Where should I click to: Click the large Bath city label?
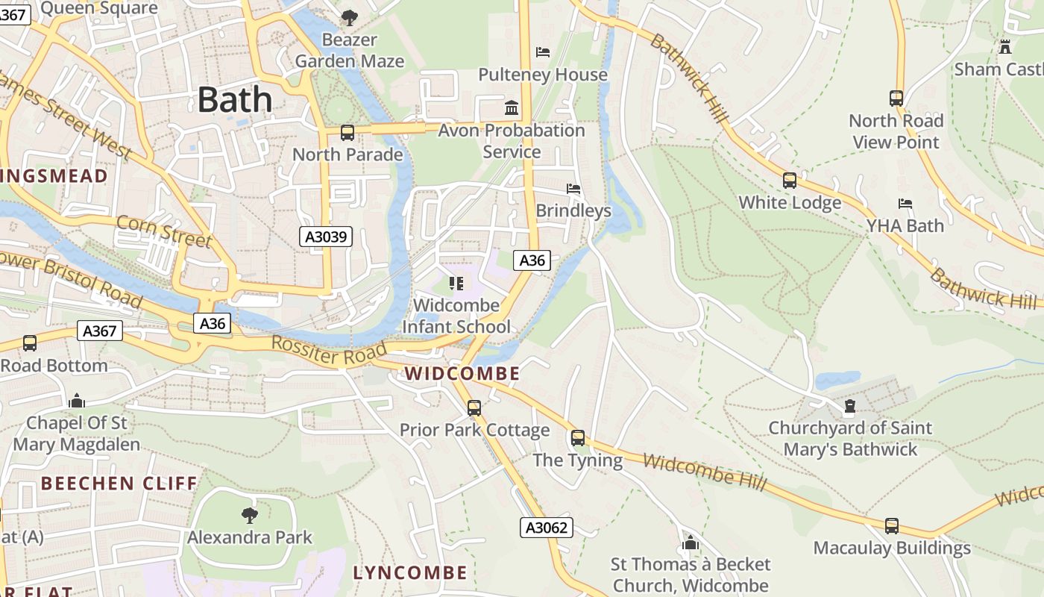tap(235, 99)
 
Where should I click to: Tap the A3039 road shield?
tap(327, 237)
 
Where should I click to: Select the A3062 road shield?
tap(547, 528)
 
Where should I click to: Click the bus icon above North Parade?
tap(348, 133)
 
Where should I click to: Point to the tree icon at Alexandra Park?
tap(250, 515)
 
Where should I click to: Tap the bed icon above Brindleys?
tap(573, 188)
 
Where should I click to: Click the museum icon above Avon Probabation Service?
tap(512, 108)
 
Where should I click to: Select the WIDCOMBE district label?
tap(462, 373)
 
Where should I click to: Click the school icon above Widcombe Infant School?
tap(456, 284)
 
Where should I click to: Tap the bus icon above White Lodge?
tap(790, 181)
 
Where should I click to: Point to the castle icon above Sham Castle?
tap(1005, 47)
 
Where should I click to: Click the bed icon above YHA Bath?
tap(905, 203)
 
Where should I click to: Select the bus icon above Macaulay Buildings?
tap(892, 525)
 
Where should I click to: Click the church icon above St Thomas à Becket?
tap(691, 543)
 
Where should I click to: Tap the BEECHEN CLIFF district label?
tap(119, 484)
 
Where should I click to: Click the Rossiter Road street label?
tap(329, 351)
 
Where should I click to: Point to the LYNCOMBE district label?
tap(410, 573)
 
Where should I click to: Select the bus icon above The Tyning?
tap(578, 438)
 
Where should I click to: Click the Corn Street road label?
tap(163, 231)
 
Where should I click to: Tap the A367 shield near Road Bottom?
tap(100, 331)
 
